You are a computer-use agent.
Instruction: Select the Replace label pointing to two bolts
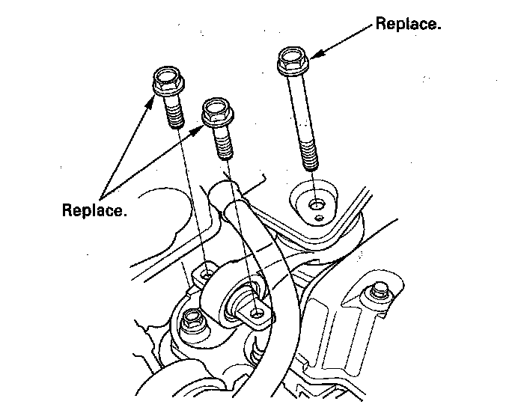[94, 209]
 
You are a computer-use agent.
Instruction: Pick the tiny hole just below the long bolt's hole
[320, 218]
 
